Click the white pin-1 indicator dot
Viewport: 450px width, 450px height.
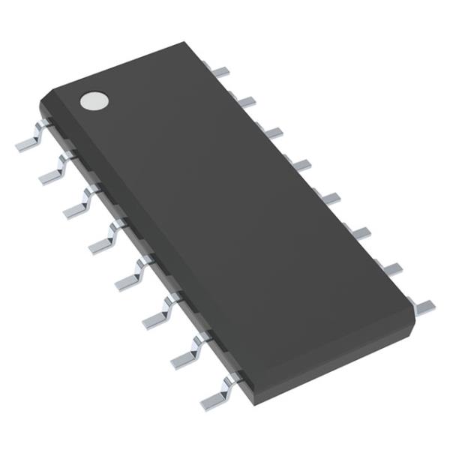coord(94,100)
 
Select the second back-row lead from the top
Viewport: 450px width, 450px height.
coord(246,100)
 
